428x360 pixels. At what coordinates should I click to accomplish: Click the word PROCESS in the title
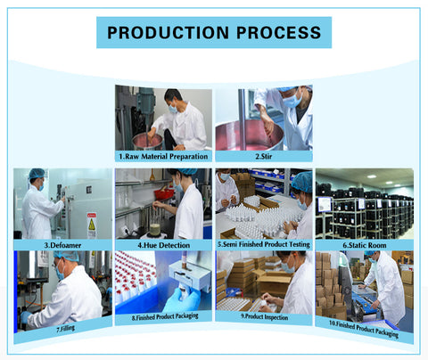273,33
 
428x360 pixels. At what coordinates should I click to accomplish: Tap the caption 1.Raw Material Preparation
163,156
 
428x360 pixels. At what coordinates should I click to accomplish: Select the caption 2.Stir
264,156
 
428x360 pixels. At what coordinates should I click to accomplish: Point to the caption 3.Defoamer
62,243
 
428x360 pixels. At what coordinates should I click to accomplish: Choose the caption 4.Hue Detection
162,243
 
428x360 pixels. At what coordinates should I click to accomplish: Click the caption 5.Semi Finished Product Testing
263,243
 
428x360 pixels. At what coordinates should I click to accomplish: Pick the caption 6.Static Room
365,243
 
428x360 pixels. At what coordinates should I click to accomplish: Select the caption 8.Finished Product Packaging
163,316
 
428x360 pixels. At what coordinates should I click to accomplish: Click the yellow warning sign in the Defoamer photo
91,222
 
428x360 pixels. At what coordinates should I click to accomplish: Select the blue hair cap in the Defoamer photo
37,173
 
